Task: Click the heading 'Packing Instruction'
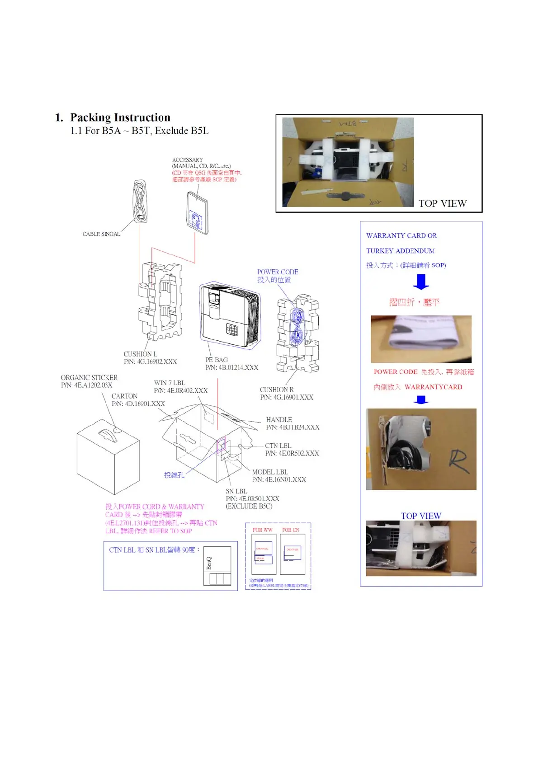pyautogui.click(x=120, y=118)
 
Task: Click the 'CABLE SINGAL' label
pyautogui.click(x=101, y=234)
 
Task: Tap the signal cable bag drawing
pyautogui.click(x=140, y=202)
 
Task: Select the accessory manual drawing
pyautogui.click(x=198, y=213)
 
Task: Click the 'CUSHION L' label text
pyautogui.click(x=140, y=354)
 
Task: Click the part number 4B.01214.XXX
pyautogui.click(x=232, y=368)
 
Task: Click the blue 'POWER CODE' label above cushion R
pyautogui.click(x=278, y=272)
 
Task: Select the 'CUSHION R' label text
pyautogui.click(x=276, y=390)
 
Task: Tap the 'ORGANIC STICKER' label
pyautogui.click(x=89, y=378)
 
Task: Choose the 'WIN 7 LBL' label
pyautogui.click(x=169, y=383)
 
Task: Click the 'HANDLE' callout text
pyautogui.click(x=279, y=420)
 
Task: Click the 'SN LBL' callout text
pyautogui.click(x=236, y=491)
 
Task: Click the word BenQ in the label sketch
pyautogui.click(x=209, y=563)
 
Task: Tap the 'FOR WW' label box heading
pyautogui.click(x=262, y=530)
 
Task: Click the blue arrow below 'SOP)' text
pyautogui.click(x=421, y=282)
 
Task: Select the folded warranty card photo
pyautogui.click(x=421, y=339)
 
